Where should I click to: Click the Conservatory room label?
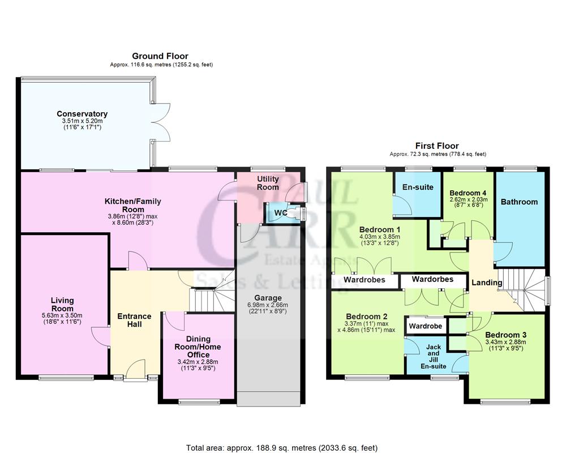[85, 114]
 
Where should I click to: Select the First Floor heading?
[438, 146]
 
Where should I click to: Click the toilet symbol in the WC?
[291, 213]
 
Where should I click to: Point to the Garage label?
[268, 298]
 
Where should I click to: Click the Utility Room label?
[268, 183]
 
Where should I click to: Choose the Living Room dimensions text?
[62, 319]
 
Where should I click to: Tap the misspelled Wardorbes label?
[432, 279]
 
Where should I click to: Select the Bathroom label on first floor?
[519, 202]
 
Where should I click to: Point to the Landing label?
[487, 283]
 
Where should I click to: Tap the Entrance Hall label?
[134, 320]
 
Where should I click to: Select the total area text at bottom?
[282, 447]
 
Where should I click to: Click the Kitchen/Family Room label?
[132, 205]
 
